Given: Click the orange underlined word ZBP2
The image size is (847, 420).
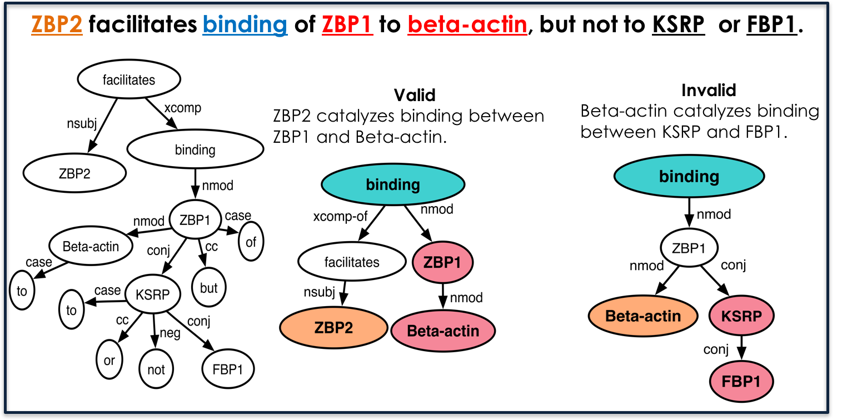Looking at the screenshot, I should tap(57, 24).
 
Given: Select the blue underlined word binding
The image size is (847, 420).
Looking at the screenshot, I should tap(245, 24).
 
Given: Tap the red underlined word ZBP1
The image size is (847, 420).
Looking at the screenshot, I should tap(347, 24).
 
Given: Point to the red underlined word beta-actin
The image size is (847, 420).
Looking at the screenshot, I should tap(467, 24).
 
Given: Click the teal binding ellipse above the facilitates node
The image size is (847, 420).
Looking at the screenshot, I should tap(393, 184).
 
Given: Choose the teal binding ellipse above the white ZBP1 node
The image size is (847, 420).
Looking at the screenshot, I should tap(689, 176).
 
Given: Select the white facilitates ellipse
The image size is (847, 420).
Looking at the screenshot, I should tap(352, 262).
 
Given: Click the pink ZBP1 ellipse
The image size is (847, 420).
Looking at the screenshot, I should tap(442, 262).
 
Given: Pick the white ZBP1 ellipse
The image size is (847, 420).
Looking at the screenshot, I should tap(689, 248).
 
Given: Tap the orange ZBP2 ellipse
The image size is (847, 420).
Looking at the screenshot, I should tap(333, 328).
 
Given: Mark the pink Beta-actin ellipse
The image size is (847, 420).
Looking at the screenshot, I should tap(443, 331).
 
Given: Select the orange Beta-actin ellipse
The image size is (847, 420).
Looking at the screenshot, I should tap(643, 316).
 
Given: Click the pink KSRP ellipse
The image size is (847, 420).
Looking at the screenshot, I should tap(741, 316).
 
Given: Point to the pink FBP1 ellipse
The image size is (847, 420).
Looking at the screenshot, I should tap(741, 382).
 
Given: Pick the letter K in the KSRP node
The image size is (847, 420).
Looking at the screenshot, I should tap(726, 317).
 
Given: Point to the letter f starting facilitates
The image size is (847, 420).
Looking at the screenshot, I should tap(326, 262).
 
